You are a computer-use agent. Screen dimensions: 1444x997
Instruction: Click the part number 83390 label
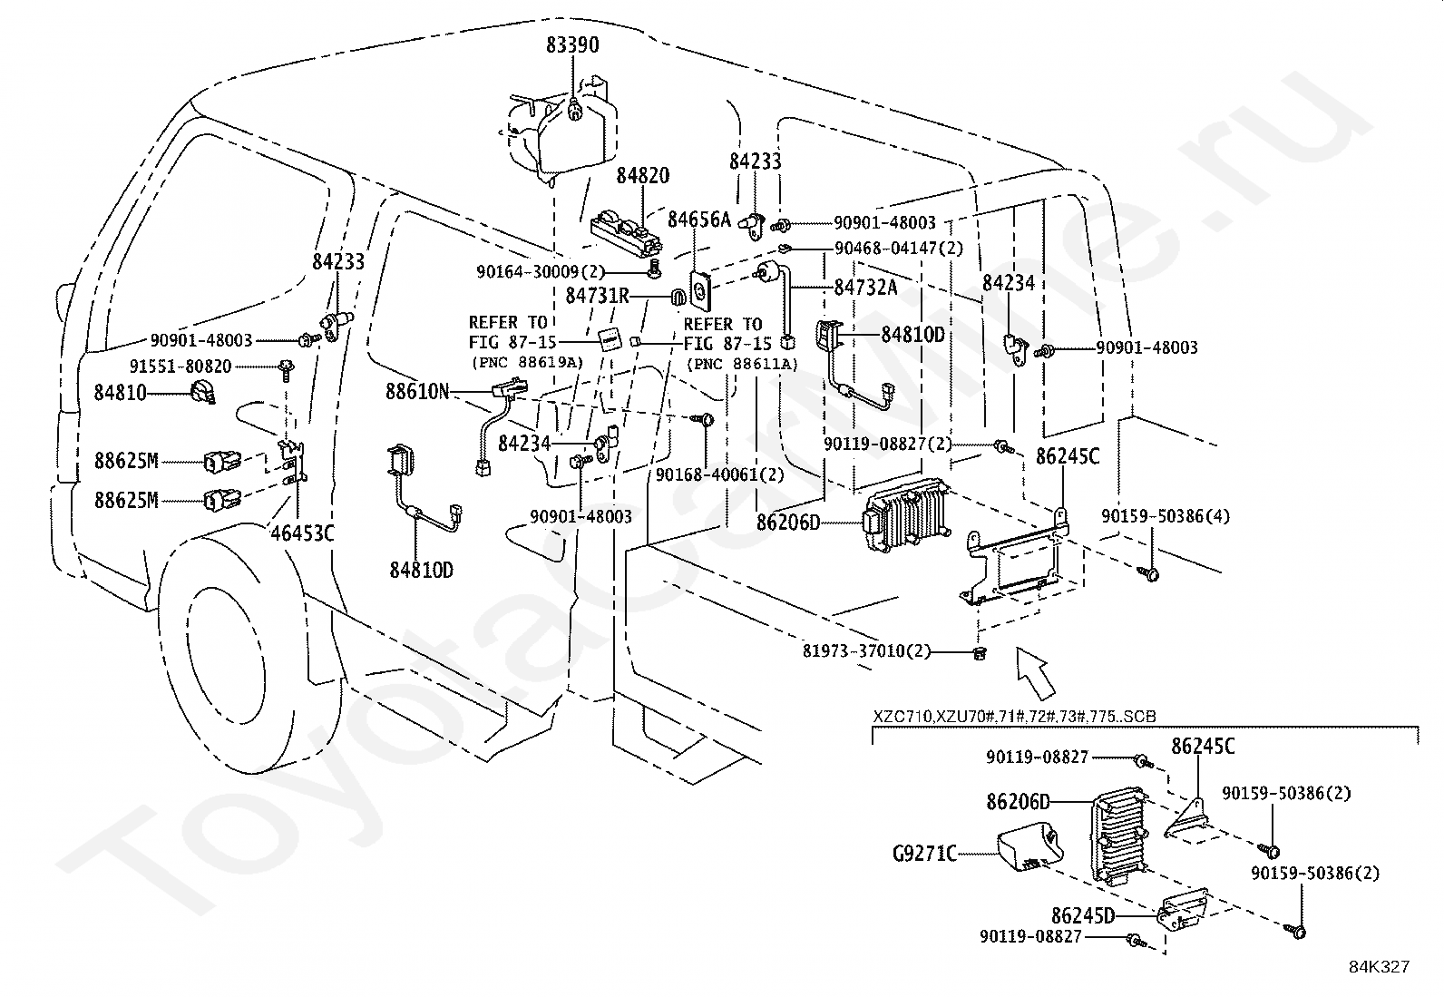coord(572,44)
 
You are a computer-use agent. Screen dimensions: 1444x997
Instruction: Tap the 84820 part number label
coord(643,175)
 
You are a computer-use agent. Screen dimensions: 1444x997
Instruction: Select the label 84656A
coord(699,220)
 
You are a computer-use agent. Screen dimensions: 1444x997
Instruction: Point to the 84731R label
coord(597,296)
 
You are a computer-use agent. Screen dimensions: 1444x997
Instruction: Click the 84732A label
coord(865,287)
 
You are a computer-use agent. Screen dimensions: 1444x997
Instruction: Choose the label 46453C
coord(302,533)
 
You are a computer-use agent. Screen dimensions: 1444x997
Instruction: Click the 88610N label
coord(417,391)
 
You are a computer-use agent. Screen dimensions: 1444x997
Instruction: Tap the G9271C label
coord(924,854)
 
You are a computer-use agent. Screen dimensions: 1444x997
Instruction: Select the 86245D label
coord(1083,915)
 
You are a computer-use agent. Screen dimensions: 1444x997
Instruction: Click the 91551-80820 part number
coord(180,367)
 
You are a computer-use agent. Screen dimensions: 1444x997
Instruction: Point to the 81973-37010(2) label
coord(867,651)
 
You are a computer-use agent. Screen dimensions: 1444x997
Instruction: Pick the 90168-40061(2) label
coord(720,474)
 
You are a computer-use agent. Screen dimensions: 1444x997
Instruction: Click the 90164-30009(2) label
coord(541,271)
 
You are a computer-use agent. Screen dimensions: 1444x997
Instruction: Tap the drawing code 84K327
coord(1380,967)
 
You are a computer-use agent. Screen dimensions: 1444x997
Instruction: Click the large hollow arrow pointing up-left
coord(1035,672)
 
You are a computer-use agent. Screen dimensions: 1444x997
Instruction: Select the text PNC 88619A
coord(527,363)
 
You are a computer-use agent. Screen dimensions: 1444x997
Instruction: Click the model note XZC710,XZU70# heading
coord(1015,717)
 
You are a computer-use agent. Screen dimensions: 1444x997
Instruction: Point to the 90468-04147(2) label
coord(899,249)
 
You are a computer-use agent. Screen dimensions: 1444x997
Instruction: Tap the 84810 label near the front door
coord(121,393)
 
